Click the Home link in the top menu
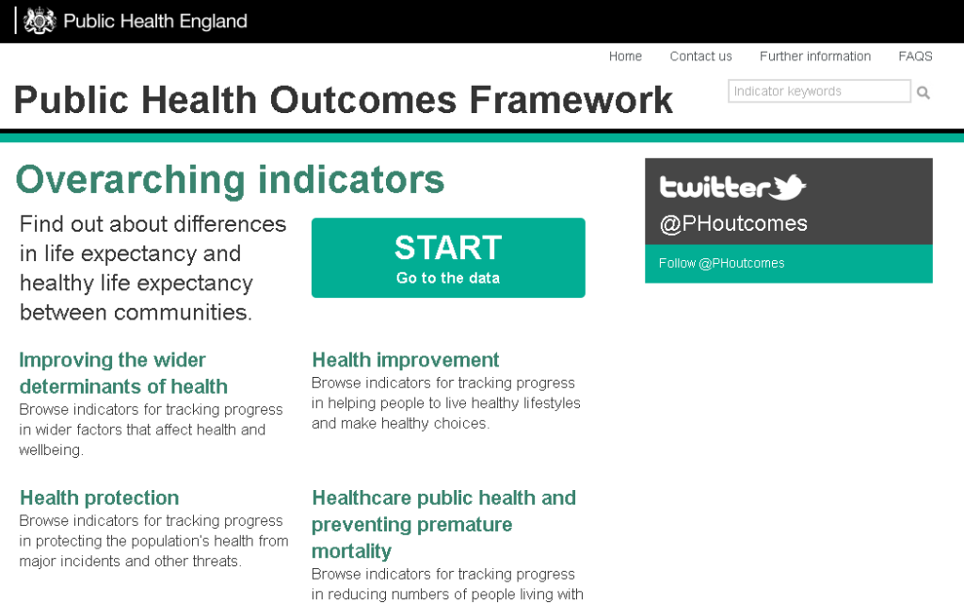pyautogui.click(x=625, y=57)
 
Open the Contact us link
pyautogui.click(x=700, y=57)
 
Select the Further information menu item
pyautogui.click(x=815, y=57)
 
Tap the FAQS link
pyautogui.click(x=915, y=57)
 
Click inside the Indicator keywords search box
pyautogui.click(x=819, y=91)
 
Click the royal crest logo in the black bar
pyautogui.click(x=40, y=21)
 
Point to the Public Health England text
pyautogui.click(x=155, y=22)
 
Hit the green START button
pyautogui.click(x=448, y=258)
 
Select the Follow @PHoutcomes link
pyautogui.click(x=722, y=263)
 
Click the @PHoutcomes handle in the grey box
pyautogui.click(x=733, y=223)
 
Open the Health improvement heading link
pyautogui.click(x=406, y=360)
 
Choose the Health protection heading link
pyautogui.click(x=100, y=498)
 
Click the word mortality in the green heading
pyautogui.click(x=352, y=551)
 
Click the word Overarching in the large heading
pyautogui.click(x=131, y=180)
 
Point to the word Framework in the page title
pyautogui.click(x=571, y=100)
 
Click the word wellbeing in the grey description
pyautogui.click(x=51, y=450)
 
